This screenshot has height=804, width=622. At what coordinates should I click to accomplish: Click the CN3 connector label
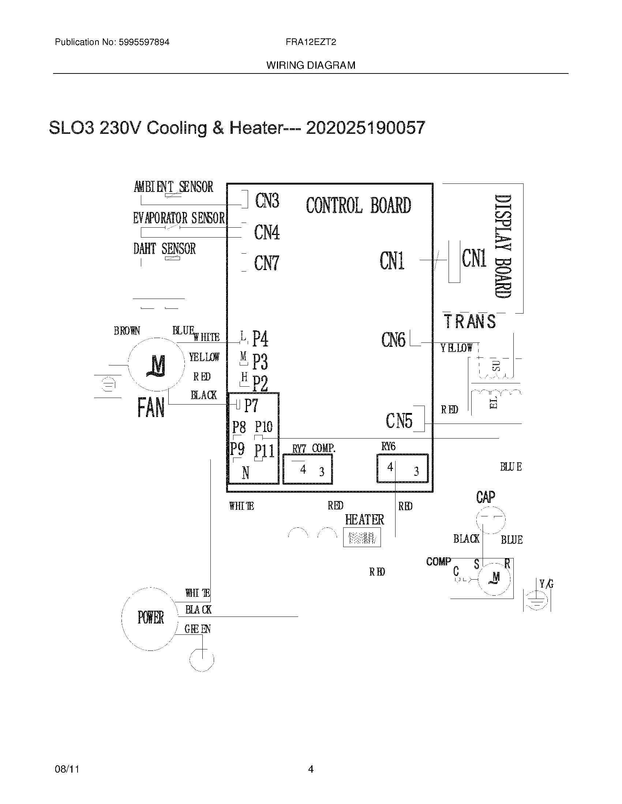click(267, 201)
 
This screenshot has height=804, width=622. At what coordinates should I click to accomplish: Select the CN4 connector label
click(267, 232)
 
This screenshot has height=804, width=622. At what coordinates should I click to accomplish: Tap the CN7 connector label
click(266, 263)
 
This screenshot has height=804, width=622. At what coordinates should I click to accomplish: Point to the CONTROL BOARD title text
click(358, 205)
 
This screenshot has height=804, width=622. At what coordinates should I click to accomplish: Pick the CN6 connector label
click(393, 340)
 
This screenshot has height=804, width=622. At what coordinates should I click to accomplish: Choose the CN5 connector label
click(399, 421)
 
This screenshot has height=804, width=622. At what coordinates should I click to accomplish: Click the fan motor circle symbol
click(156, 364)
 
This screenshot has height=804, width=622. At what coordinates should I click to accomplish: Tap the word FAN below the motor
click(151, 407)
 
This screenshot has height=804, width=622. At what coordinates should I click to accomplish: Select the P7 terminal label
click(251, 405)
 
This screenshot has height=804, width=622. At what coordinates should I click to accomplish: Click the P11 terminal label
click(264, 451)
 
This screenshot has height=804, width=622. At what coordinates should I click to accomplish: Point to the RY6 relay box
click(402, 468)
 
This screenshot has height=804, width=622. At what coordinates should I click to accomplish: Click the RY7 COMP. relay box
click(308, 469)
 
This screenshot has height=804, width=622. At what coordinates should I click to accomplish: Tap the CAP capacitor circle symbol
click(490, 519)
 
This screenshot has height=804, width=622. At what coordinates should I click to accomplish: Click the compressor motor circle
click(496, 579)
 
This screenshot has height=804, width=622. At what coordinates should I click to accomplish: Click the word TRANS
click(470, 321)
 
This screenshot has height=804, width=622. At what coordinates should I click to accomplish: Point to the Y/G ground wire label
click(546, 584)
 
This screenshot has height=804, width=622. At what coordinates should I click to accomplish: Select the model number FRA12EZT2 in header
click(311, 42)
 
